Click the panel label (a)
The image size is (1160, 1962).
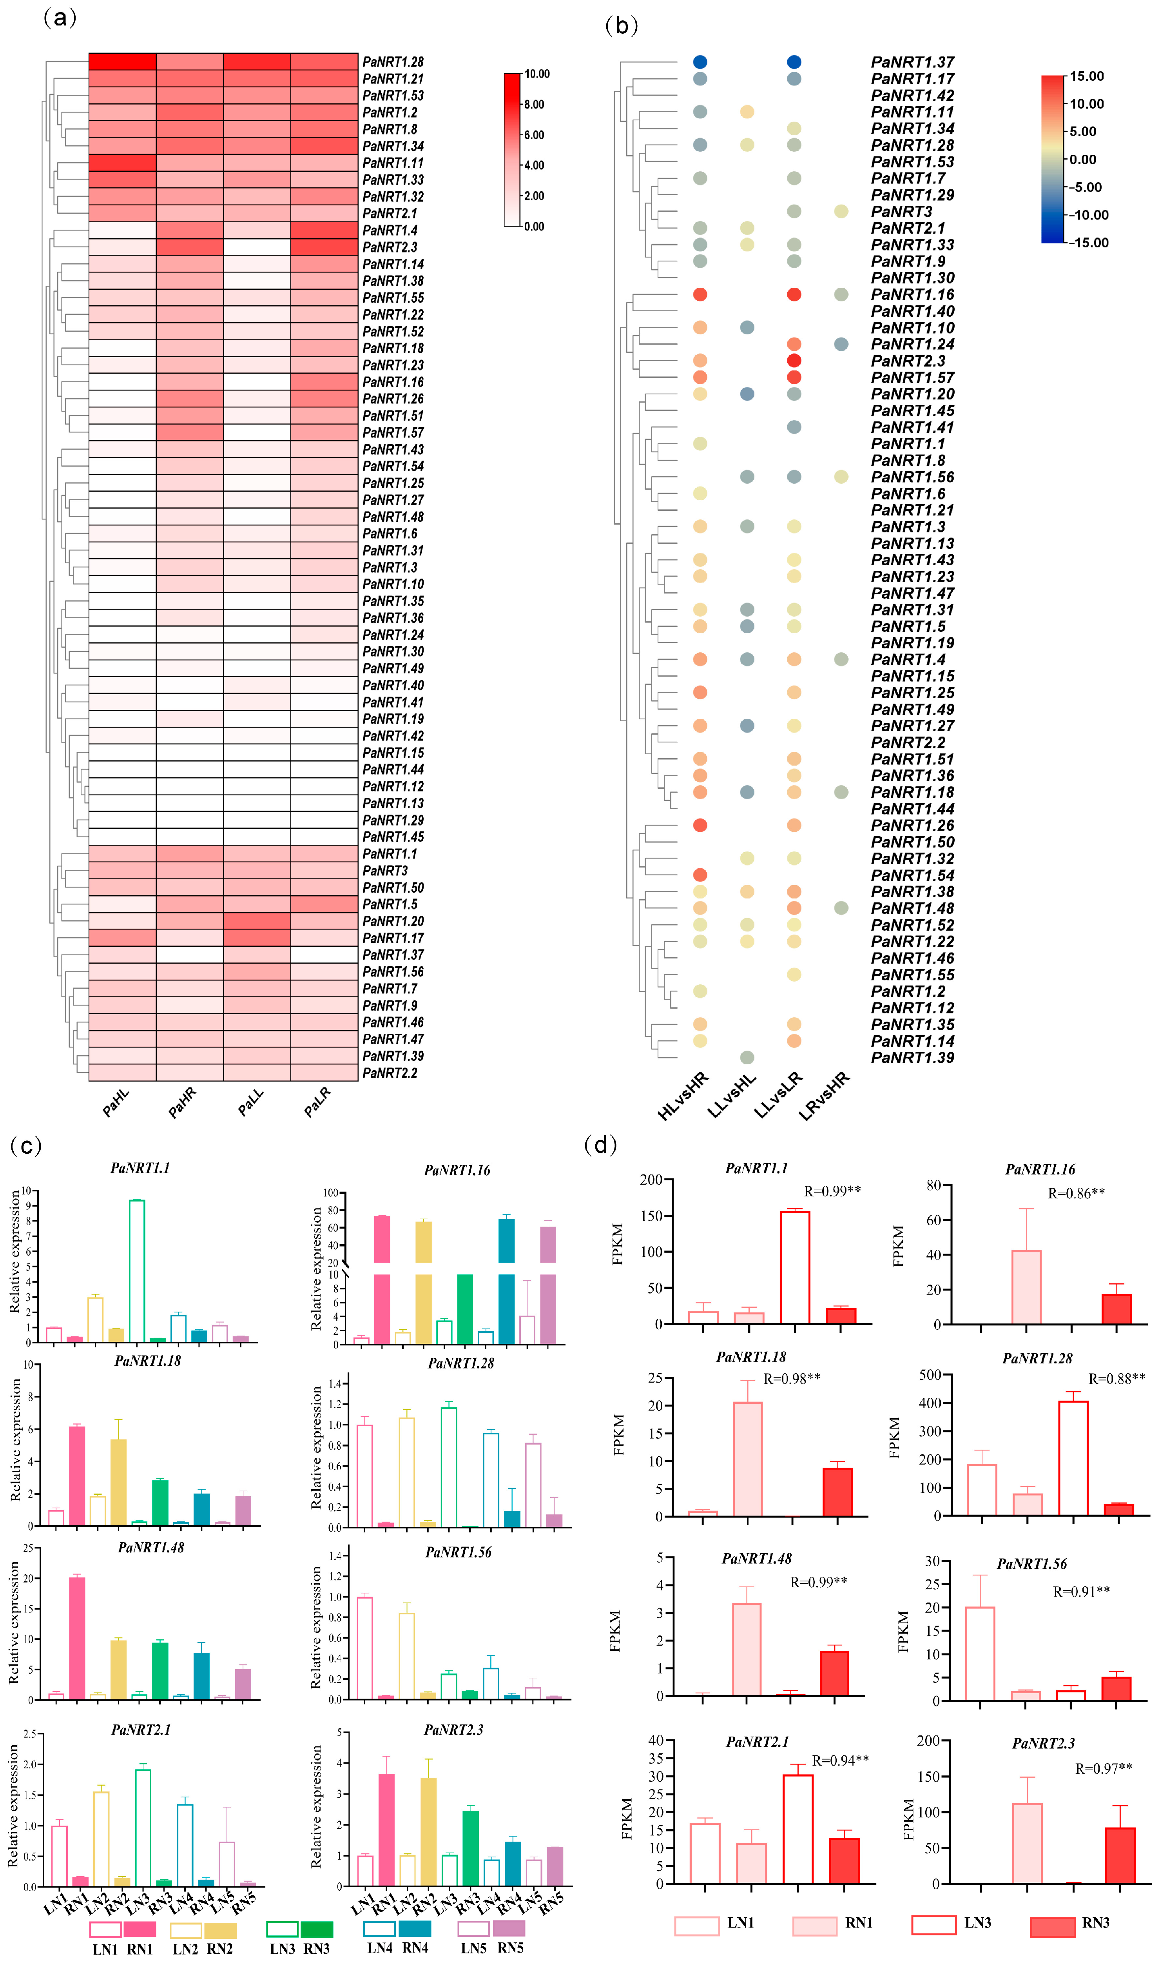tap(60, 17)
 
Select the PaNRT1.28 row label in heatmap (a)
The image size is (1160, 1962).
tap(392, 62)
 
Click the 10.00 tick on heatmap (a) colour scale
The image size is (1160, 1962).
tap(537, 74)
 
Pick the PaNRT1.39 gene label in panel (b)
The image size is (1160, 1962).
tap(912, 1058)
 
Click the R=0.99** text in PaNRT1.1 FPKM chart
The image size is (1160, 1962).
tap(832, 1191)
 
